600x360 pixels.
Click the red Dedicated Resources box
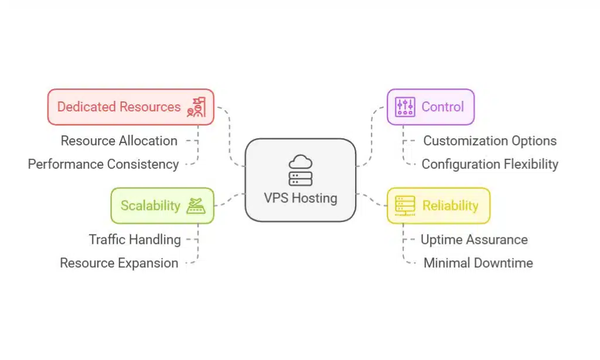130,107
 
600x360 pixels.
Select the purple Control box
430,107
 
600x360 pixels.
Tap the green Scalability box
162,205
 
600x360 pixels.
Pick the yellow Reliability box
438,205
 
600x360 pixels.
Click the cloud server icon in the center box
300,171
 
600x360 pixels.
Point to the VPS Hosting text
300,198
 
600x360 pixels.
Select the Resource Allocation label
119,141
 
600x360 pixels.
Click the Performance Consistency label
103,164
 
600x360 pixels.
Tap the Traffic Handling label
135,239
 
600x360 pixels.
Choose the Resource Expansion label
119,263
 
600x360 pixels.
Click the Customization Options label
490,141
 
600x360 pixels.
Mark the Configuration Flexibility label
490,164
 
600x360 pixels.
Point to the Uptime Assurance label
474,239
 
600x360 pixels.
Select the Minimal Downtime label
478,263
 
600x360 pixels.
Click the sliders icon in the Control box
405,107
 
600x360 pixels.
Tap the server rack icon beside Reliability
405,205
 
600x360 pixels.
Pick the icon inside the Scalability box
195,205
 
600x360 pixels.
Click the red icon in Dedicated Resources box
196,107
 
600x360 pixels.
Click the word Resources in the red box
150,107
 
